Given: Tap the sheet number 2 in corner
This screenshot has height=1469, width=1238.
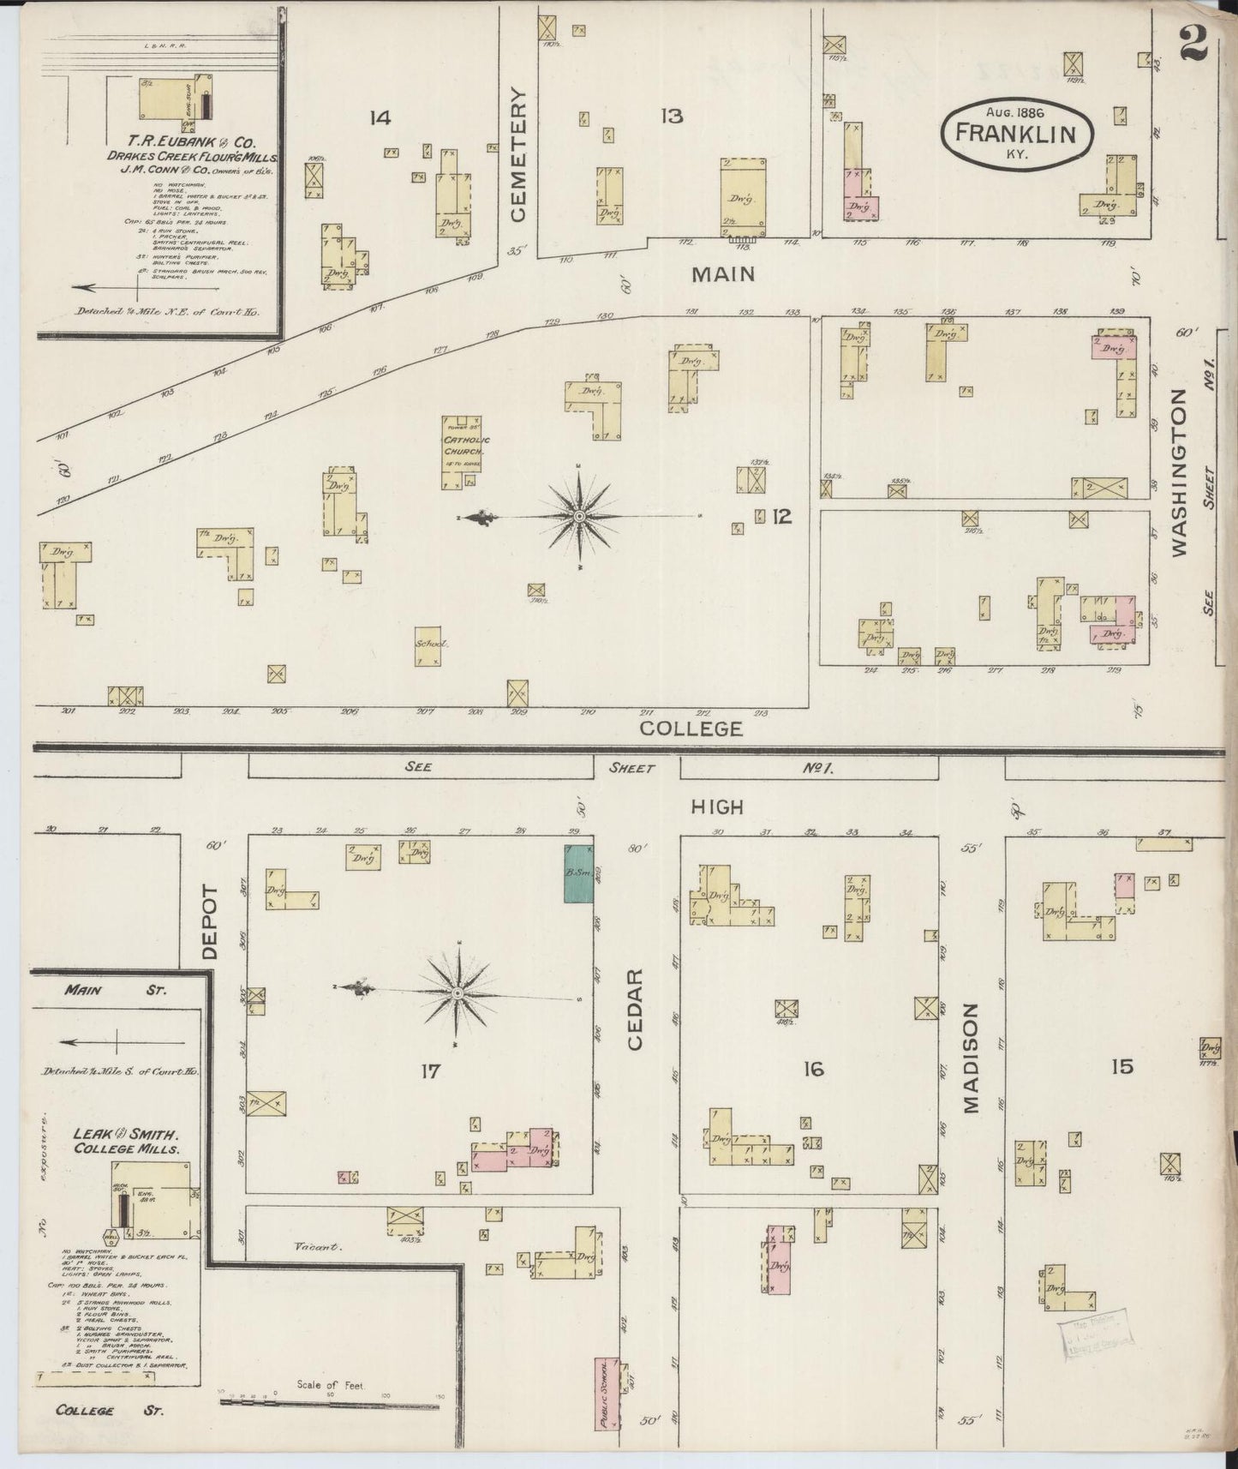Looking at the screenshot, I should (1193, 42).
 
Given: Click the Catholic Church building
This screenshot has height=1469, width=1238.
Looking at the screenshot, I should (463, 452).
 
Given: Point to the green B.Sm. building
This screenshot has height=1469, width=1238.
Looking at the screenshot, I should (578, 872).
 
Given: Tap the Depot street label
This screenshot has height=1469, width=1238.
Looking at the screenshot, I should (212, 922).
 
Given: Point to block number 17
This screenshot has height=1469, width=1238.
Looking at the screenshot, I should (429, 1070).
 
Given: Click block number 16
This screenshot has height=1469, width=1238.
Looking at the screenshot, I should (813, 1069).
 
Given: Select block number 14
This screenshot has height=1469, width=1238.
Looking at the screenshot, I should (380, 118).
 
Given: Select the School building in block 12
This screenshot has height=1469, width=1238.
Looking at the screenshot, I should (428, 649).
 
